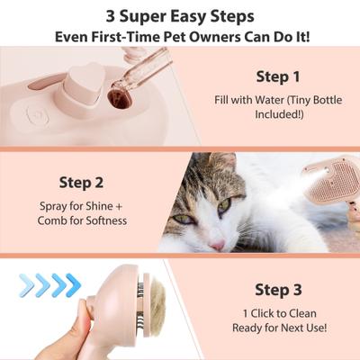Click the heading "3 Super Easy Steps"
tap(179, 16)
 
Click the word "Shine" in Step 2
tap(88, 206)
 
